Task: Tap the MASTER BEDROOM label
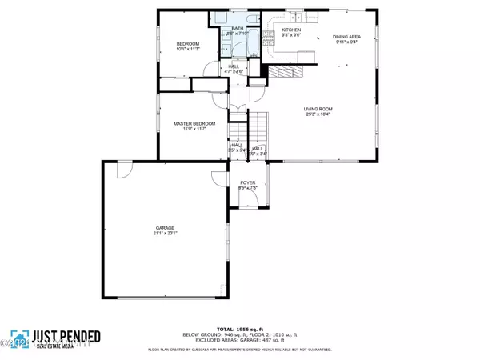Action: point(191,123)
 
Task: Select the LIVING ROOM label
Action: point(318,109)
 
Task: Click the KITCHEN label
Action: point(291,30)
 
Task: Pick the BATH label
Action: point(238,28)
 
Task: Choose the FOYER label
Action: point(247,182)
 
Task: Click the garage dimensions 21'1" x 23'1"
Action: point(165,233)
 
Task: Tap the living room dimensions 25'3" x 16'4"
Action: point(318,114)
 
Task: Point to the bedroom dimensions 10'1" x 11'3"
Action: point(187,50)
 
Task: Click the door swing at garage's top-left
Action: point(122,170)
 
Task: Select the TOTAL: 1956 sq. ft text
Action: point(239,328)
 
